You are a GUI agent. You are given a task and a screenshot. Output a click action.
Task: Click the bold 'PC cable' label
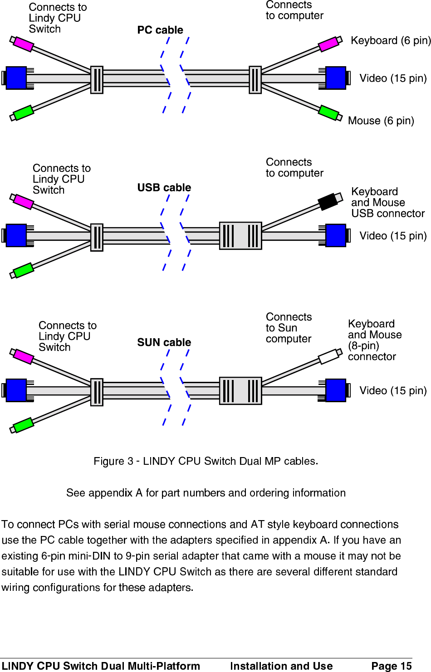click(160, 30)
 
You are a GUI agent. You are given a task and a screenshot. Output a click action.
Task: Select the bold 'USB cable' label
click(164, 187)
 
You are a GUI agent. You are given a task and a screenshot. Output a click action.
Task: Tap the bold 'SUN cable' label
click(164, 342)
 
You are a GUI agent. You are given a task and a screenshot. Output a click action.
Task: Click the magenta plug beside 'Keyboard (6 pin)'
click(329, 44)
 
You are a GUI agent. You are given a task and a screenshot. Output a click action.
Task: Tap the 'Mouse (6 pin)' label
click(381, 121)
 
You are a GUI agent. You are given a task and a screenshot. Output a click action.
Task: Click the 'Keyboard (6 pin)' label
click(391, 40)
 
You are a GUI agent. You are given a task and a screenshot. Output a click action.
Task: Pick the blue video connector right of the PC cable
click(336, 78)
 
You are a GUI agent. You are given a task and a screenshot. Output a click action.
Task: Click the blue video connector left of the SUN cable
click(16, 390)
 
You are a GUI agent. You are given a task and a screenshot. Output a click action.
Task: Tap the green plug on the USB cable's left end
click(23, 270)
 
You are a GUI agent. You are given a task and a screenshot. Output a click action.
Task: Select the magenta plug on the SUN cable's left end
click(23, 356)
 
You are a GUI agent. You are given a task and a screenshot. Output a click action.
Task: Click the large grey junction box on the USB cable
click(240, 236)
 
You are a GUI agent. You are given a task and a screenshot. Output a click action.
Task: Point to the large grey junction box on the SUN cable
click(240, 390)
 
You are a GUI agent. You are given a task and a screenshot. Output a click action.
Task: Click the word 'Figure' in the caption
click(109, 461)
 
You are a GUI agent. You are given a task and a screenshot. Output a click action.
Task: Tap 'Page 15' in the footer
click(391, 666)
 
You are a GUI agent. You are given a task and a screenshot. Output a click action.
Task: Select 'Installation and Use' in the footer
click(281, 666)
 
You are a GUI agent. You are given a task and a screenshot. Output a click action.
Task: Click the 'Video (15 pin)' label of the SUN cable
click(393, 390)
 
